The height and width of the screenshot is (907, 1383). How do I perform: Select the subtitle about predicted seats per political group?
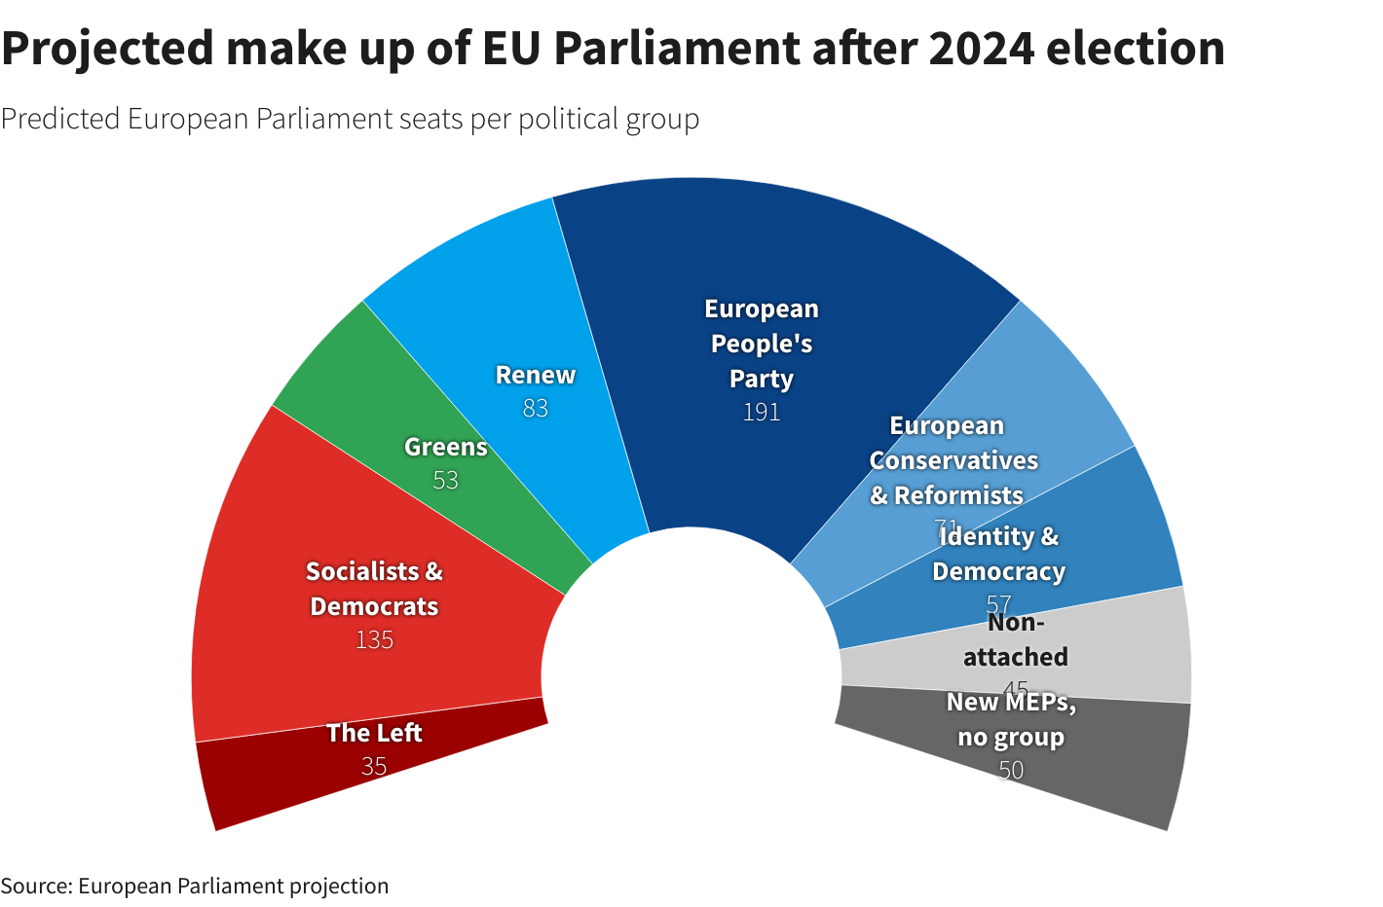pos(350,119)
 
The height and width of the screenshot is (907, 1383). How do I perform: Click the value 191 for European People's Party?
pos(762,412)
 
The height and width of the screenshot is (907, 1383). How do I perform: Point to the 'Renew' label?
pos(535,375)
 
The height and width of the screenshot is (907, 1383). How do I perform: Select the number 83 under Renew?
pos(535,408)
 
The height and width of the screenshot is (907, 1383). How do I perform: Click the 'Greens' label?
pos(445,447)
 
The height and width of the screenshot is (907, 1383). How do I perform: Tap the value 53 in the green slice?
pos(445,480)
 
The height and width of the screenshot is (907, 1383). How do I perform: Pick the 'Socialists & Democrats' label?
pos(374,588)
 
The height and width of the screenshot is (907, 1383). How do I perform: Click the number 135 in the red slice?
pos(374,639)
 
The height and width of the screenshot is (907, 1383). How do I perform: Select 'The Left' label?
pos(374,732)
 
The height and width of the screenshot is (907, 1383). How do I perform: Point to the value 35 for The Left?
pos(374,766)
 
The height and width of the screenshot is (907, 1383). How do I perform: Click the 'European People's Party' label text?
pos(762,344)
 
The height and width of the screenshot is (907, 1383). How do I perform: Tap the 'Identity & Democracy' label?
pos(998,553)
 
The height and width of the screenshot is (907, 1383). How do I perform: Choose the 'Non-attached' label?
pos(1015,639)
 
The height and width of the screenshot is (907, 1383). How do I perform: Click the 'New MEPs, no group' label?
pos(1011,719)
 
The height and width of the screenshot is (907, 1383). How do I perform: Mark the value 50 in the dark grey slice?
pos(1011,770)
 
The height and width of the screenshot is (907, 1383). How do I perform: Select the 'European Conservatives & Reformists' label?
pos(953,460)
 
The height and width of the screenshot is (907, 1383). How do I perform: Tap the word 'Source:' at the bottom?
pos(36,886)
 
